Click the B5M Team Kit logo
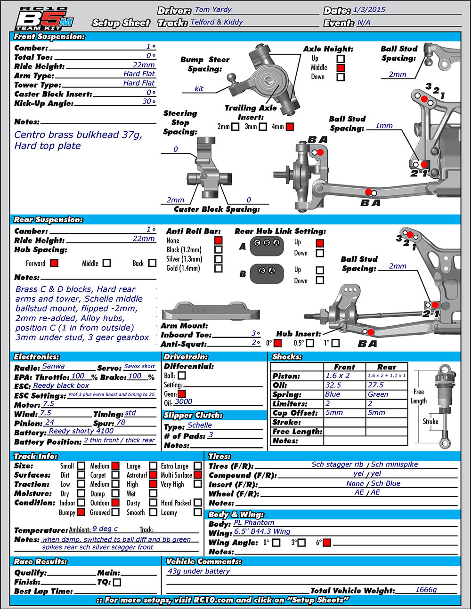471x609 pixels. click(x=44, y=19)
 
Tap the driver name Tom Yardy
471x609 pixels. click(x=213, y=10)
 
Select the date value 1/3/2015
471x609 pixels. click(x=369, y=10)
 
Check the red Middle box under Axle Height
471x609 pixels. click(x=341, y=68)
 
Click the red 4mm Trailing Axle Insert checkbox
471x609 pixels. click(x=290, y=127)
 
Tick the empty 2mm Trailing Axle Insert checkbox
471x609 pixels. click(x=235, y=127)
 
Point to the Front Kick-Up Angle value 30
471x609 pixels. click(x=146, y=101)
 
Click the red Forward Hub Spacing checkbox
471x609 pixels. click(x=54, y=263)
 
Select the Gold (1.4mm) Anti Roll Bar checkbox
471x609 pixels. click(x=219, y=268)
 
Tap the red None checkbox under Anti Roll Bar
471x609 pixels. click(x=219, y=240)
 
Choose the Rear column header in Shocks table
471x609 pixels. click(x=386, y=367)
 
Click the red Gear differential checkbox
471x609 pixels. click(x=182, y=394)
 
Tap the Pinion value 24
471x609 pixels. click(x=49, y=422)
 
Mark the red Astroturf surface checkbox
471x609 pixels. click(x=153, y=475)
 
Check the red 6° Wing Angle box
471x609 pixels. click(x=326, y=543)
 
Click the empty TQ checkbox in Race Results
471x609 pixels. click(x=117, y=582)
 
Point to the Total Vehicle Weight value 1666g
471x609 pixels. click(x=426, y=590)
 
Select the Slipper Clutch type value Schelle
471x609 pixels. click(x=200, y=425)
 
